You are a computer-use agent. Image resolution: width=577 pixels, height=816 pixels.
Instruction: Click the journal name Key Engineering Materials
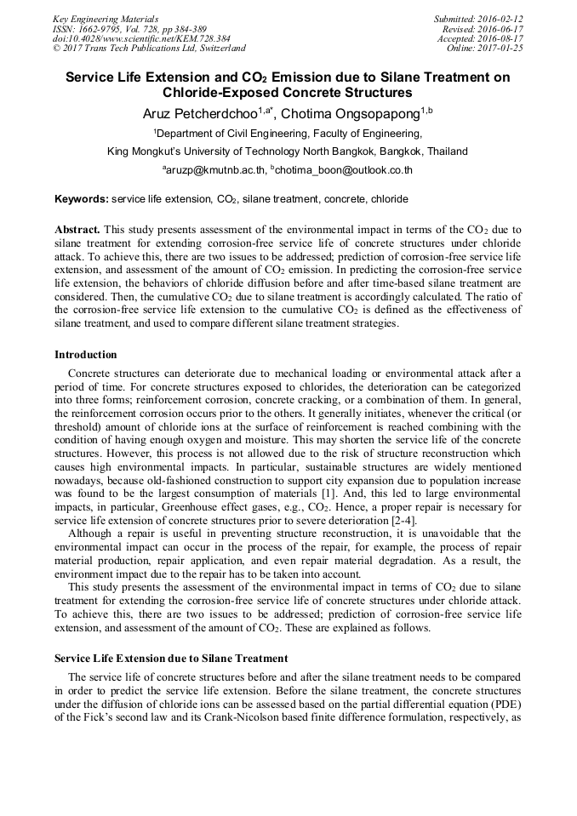(106, 18)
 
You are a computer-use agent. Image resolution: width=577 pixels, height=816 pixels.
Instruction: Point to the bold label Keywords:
(82, 199)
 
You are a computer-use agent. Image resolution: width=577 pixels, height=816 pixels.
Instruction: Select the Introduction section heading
(85, 354)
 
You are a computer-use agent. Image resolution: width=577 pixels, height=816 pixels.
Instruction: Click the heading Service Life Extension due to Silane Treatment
(171, 658)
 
